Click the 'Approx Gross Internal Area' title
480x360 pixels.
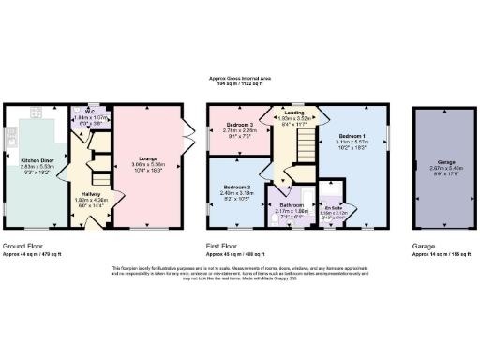click(240, 79)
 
